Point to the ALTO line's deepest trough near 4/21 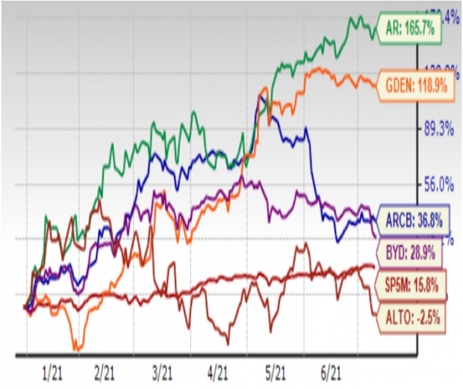(x=227, y=343)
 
